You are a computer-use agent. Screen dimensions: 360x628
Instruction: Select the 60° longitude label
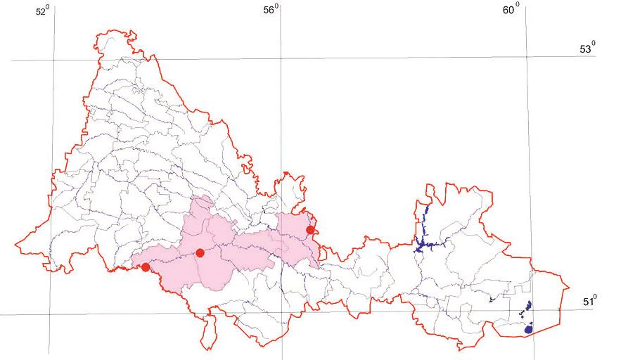click(x=511, y=9)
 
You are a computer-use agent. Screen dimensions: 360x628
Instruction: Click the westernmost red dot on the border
click(x=146, y=267)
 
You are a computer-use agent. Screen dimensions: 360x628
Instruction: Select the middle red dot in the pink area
click(x=200, y=253)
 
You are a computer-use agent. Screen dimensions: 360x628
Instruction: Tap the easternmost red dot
click(x=310, y=230)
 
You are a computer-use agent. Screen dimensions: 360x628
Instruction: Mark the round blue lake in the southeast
click(x=528, y=329)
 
